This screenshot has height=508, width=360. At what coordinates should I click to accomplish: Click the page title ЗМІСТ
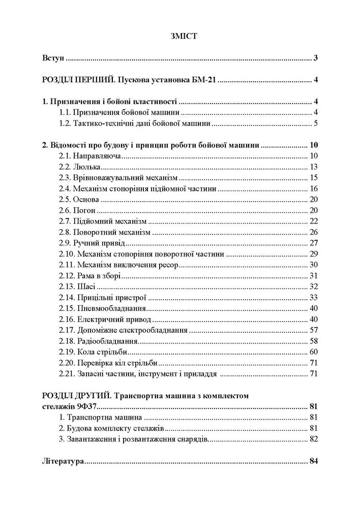point(179,36)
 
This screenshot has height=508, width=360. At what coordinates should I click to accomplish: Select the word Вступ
point(53,59)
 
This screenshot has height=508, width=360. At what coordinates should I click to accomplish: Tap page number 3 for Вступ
point(315,59)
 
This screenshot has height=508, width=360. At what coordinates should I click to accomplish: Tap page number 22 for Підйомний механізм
point(313,221)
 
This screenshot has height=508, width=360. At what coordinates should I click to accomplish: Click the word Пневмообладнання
point(111,308)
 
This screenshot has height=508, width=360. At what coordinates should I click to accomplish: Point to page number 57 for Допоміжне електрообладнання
point(313,330)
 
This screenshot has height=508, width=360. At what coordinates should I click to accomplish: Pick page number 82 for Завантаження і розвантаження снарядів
point(313,439)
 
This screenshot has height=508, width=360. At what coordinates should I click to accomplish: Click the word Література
point(62,461)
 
